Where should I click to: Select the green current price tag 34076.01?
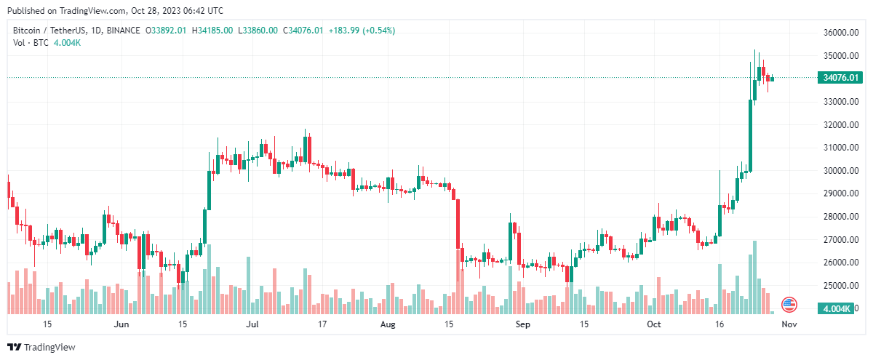[x=839, y=78]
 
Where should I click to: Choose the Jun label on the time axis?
[x=121, y=324]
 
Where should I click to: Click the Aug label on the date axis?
[x=386, y=324]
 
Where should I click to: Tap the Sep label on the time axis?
[x=522, y=324]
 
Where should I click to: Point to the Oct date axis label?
[x=654, y=324]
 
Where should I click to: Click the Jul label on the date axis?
[x=252, y=324]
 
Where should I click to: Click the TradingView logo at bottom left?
[x=41, y=348]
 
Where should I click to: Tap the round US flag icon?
[x=789, y=305]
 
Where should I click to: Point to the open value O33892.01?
[x=167, y=31]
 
